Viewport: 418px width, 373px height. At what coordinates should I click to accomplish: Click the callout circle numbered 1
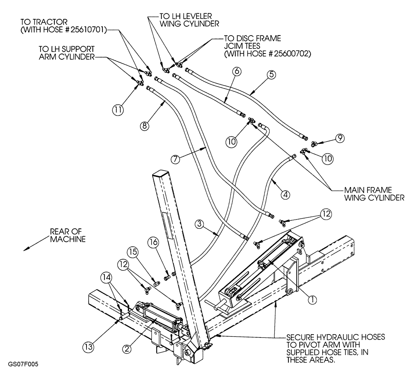[x=311, y=299]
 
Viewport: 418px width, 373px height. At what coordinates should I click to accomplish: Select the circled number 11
[x=118, y=110]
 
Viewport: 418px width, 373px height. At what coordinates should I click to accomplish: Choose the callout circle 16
[x=153, y=243]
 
